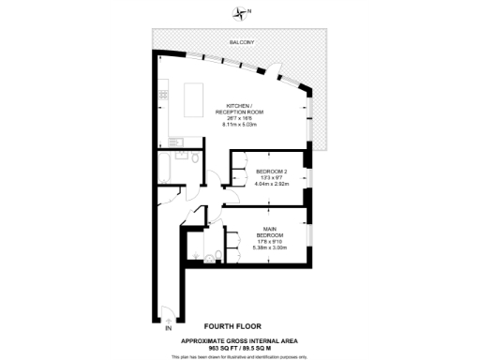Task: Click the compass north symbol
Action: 245,12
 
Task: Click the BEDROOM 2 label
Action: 271,171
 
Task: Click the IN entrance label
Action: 169,330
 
